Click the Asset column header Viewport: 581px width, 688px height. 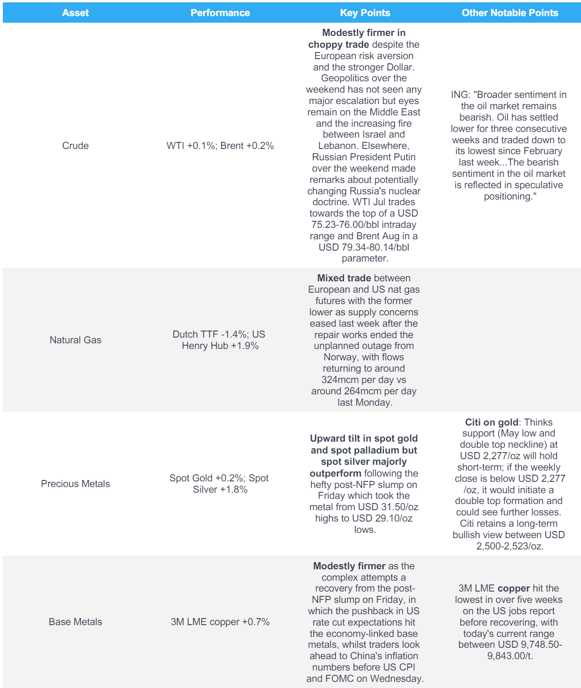75,13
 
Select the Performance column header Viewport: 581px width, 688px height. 220,13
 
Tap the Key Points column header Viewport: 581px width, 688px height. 365,13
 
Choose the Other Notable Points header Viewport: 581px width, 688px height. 510,13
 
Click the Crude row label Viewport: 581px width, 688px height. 75,146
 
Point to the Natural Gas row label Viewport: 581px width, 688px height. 75,340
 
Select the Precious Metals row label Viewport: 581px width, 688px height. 75,484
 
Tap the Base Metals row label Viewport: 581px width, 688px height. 75,622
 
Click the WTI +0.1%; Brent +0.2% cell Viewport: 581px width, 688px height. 220,146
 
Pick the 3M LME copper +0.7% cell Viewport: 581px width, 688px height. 220,622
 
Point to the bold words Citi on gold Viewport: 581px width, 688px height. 491,422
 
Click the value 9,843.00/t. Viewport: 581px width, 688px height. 510,656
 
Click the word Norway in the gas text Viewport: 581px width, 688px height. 340,357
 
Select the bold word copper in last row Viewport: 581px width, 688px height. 513,588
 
